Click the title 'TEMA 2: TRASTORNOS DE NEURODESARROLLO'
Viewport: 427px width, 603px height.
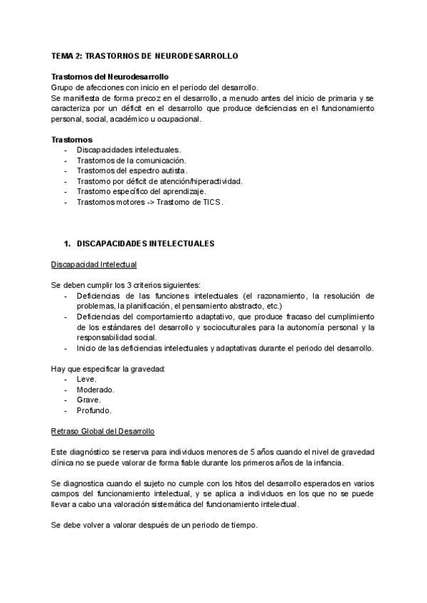(144, 55)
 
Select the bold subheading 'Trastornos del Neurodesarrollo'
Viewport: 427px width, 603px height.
(110, 77)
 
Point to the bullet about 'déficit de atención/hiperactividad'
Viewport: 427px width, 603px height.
(159, 181)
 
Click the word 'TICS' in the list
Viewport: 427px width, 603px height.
(211, 202)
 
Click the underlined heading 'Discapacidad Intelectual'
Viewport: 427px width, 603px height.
(94, 265)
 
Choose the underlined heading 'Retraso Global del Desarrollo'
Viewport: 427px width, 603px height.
(103, 432)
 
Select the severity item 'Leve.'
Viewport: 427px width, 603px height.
(86, 380)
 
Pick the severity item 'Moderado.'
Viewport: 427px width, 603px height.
(95, 390)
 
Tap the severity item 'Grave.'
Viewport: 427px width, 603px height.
(88, 400)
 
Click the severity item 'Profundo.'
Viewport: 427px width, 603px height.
(93, 410)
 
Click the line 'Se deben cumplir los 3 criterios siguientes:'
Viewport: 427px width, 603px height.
(126, 285)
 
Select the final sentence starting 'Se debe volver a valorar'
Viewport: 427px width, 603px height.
(154, 525)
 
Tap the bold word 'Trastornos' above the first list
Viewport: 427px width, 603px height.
(71, 139)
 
